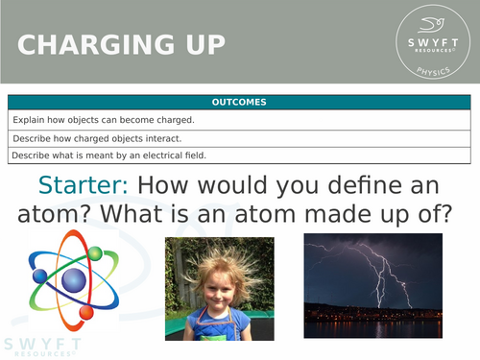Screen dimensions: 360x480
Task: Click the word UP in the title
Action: coord(202,45)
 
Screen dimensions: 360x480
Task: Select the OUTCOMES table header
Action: coord(239,103)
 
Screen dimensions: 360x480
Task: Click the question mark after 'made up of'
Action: coord(444,217)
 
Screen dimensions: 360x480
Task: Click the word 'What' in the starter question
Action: coord(134,217)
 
